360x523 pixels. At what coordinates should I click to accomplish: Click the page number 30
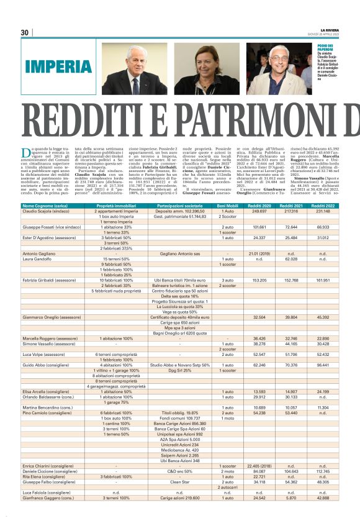click(25, 32)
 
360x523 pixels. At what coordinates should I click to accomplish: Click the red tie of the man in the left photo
click(135, 84)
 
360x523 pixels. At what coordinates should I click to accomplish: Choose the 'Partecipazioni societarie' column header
click(179, 205)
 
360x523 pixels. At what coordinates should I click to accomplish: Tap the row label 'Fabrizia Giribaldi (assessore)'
click(53, 281)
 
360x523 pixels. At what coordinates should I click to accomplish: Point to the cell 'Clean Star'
click(179, 482)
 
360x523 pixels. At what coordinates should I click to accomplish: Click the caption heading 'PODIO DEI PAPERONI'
click(326, 48)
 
